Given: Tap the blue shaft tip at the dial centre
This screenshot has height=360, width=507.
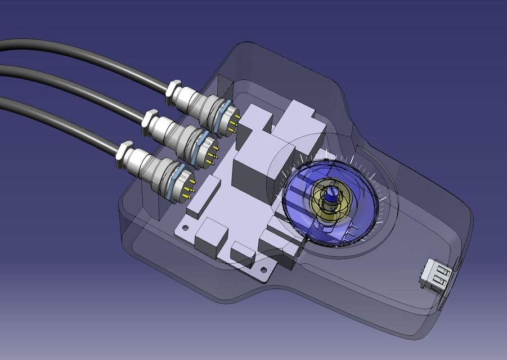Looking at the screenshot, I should (x=331, y=194).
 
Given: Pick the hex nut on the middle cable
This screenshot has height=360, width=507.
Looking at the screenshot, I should (x=150, y=121).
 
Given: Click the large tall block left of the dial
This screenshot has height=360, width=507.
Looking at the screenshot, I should (x=256, y=169).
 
